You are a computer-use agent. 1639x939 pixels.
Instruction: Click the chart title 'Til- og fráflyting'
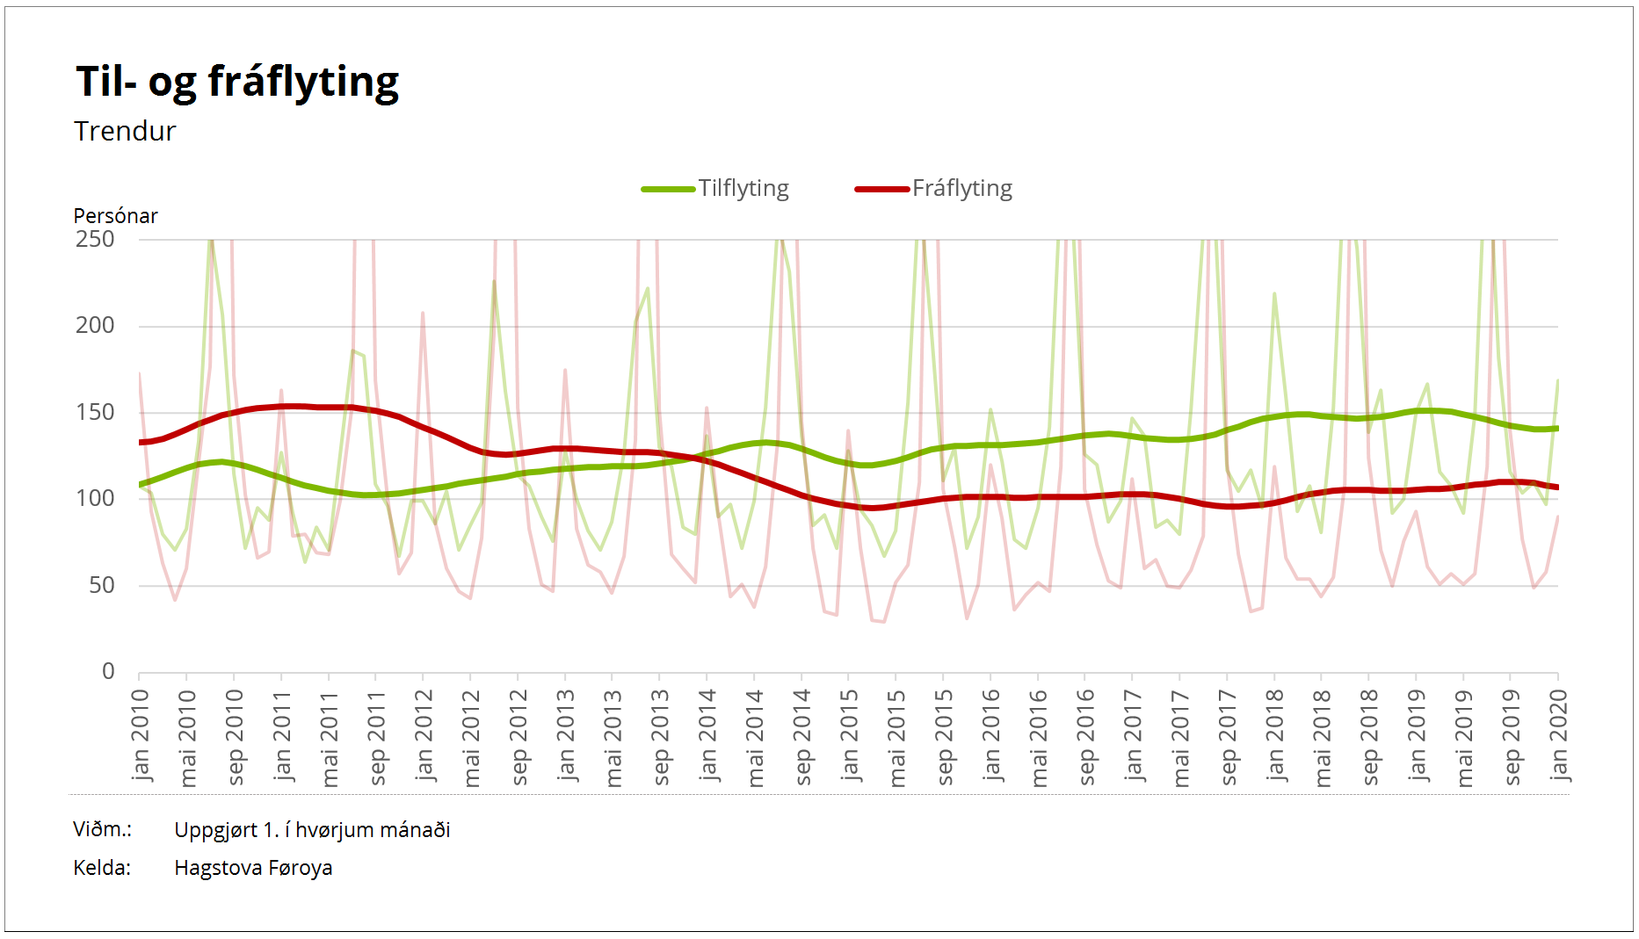pyautogui.click(x=237, y=83)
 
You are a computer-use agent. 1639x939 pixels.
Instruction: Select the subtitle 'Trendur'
pyautogui.click(x=125, y=132)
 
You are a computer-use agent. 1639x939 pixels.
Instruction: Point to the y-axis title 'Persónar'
pyautogui.click(x=115, y=216)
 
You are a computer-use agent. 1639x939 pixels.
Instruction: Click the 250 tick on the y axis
pyautogui.click(x=95, y=240)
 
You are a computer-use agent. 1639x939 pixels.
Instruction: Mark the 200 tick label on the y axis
pyautogui.click(x=95, y=326)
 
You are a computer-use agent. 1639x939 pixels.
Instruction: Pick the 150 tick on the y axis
pyautogui.click(x=95, y=413)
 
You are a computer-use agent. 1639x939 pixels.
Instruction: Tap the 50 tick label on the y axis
pyautogui.click(x=101, y=586)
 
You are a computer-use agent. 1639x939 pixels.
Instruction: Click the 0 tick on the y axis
pyautogui.click(x=108, y=672)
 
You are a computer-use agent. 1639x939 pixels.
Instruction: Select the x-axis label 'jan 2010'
pyautogui.click(x=141, y=735)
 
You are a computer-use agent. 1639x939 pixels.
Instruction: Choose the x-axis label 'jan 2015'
pyautogui.click(x=850, y=735)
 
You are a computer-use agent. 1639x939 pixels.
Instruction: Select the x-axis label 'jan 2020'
pyautogui.click(x=1559, y=735)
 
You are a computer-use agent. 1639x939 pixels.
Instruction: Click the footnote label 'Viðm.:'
pyautogui.click(x=102, y=830)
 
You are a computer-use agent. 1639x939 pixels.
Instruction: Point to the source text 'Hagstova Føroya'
pyautogui.click(x=253, y=869)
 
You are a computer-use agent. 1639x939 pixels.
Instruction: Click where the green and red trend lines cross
pyautogui.click(x=701, y=458)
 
